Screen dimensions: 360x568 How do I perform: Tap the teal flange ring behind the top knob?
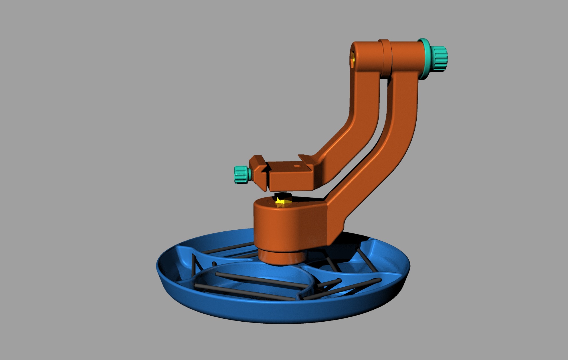pos(424,59)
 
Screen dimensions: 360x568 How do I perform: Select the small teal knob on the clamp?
pos(241,175)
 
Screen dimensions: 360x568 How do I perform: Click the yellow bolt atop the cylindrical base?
pos(282,202)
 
